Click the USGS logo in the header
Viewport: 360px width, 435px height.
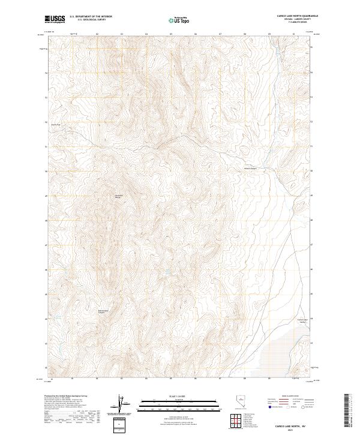(x=54, y=20)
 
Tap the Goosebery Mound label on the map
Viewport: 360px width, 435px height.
(x=118, y=196)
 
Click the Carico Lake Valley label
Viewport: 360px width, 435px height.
(x=302, y=321)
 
